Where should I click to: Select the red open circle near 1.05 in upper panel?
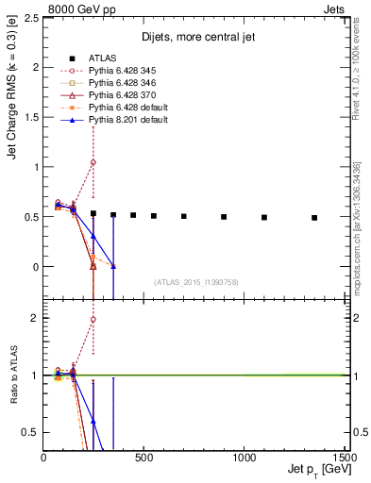click(x=93, y=162)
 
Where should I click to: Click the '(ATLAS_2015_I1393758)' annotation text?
click(x=196, y=282)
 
